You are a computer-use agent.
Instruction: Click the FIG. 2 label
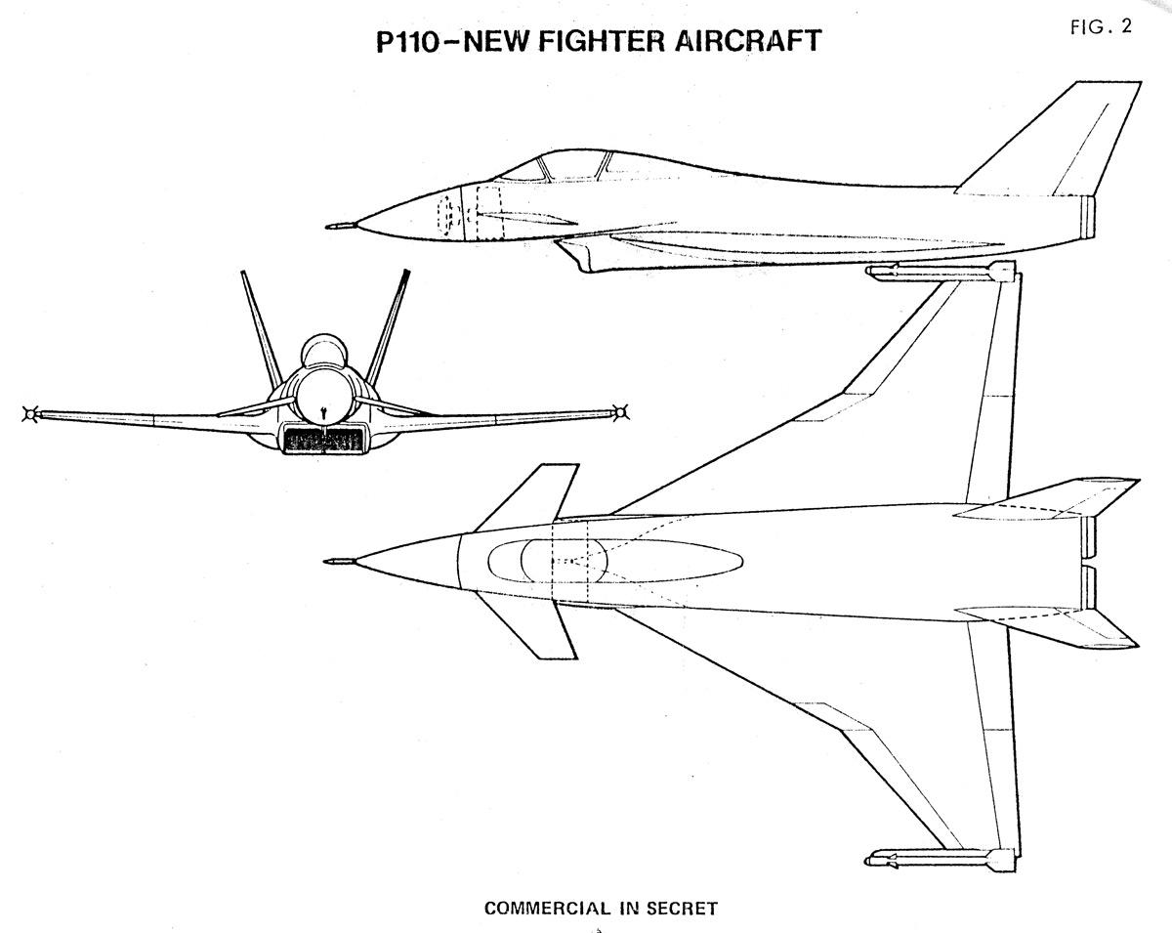(1100, 27)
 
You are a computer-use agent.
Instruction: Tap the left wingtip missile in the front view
(30, 414)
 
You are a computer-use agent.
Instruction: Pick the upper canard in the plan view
(526, 494)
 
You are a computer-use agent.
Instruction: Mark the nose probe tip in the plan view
(329, 562)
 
